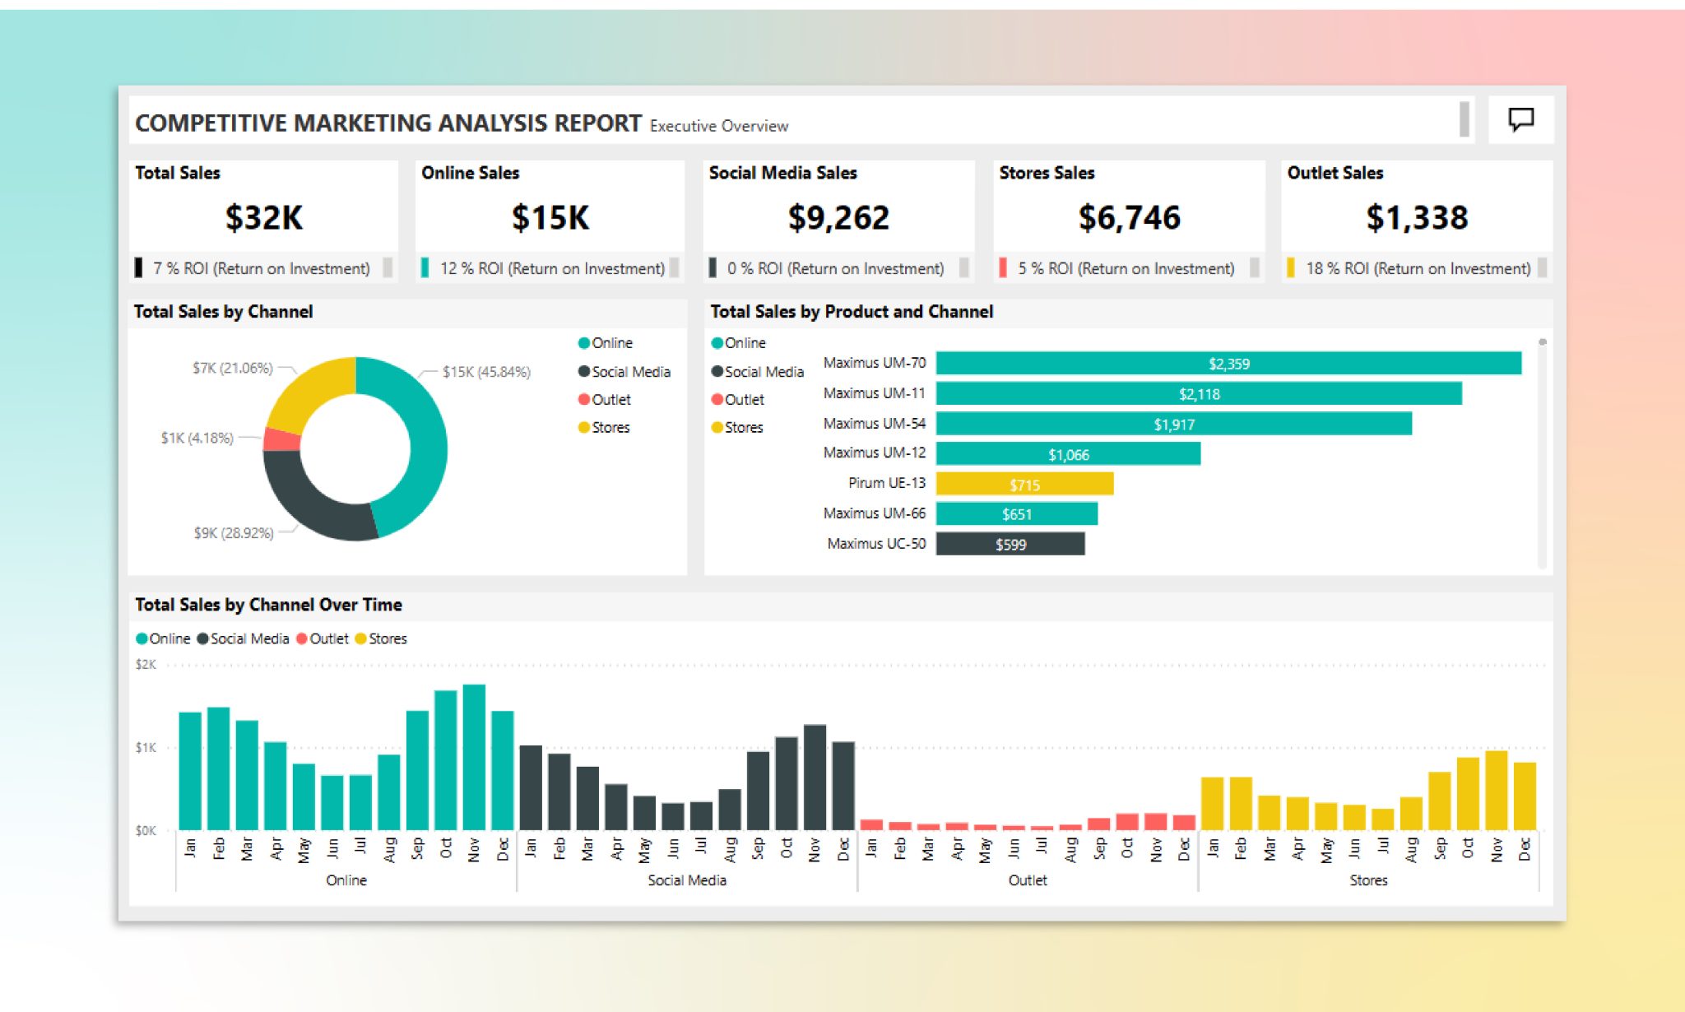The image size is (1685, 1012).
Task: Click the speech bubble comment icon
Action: click(1520, 119)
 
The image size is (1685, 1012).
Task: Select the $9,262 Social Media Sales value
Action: click(838, 218)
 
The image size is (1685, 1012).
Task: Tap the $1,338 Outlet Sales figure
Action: click(1416, 218)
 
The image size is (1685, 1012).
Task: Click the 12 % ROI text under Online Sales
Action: click(551, 268)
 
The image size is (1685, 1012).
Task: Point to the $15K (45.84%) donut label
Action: click(486, 372)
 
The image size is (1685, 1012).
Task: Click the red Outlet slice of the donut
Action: click(281, 439)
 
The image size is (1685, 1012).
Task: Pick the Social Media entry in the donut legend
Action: click(630, 372)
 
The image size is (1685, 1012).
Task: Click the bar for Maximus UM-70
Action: click(1228, 364)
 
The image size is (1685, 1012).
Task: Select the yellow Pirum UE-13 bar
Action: click(1024, 485)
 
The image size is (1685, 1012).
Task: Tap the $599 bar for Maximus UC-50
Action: click(1010, 545)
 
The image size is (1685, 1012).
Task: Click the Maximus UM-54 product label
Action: click(874, 424)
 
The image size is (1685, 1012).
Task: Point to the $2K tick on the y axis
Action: click(146, 665)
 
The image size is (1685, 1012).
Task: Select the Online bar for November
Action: click(474, 757)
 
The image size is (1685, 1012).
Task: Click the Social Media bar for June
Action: click(673, 816)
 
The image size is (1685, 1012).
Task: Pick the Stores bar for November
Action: click(1496, 790)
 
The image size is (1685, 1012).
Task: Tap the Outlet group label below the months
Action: click(1028, 880)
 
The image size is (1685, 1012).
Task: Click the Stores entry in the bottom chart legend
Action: click(387, 638)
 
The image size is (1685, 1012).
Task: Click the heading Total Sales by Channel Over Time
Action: click(268, 605)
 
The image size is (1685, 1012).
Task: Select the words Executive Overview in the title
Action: click(718, 126)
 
